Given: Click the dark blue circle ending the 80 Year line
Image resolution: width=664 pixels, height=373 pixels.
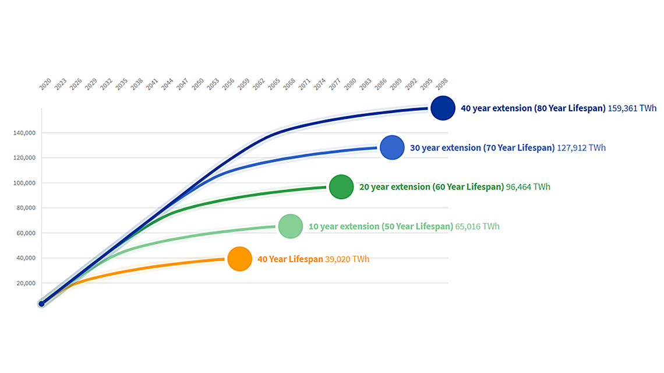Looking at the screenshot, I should click(442, 108).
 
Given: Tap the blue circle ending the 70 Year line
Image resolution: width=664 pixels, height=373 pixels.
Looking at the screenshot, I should click(392, 147).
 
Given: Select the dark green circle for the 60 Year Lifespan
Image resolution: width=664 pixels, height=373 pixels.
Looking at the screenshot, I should click(341, 187).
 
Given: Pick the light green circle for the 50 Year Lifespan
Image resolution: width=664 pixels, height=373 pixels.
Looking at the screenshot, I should click(290, 226).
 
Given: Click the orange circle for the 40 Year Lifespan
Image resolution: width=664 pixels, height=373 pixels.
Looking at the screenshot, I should click(239, 259).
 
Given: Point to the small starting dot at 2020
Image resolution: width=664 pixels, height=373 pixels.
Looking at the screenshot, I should click(41, 304).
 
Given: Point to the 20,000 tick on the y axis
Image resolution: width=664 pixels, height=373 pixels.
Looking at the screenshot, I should click(25, 283).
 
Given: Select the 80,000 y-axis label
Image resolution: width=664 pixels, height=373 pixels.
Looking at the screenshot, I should click(25, 208).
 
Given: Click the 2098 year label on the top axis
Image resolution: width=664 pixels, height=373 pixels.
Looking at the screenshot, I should click(444, 85).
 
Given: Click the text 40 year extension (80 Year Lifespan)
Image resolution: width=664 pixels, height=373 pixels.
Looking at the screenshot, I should click(533, 108).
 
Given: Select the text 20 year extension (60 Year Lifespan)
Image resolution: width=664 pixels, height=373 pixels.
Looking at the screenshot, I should click(432, 187).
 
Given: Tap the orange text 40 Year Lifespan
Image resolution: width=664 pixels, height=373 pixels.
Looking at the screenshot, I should click(290, 259).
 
